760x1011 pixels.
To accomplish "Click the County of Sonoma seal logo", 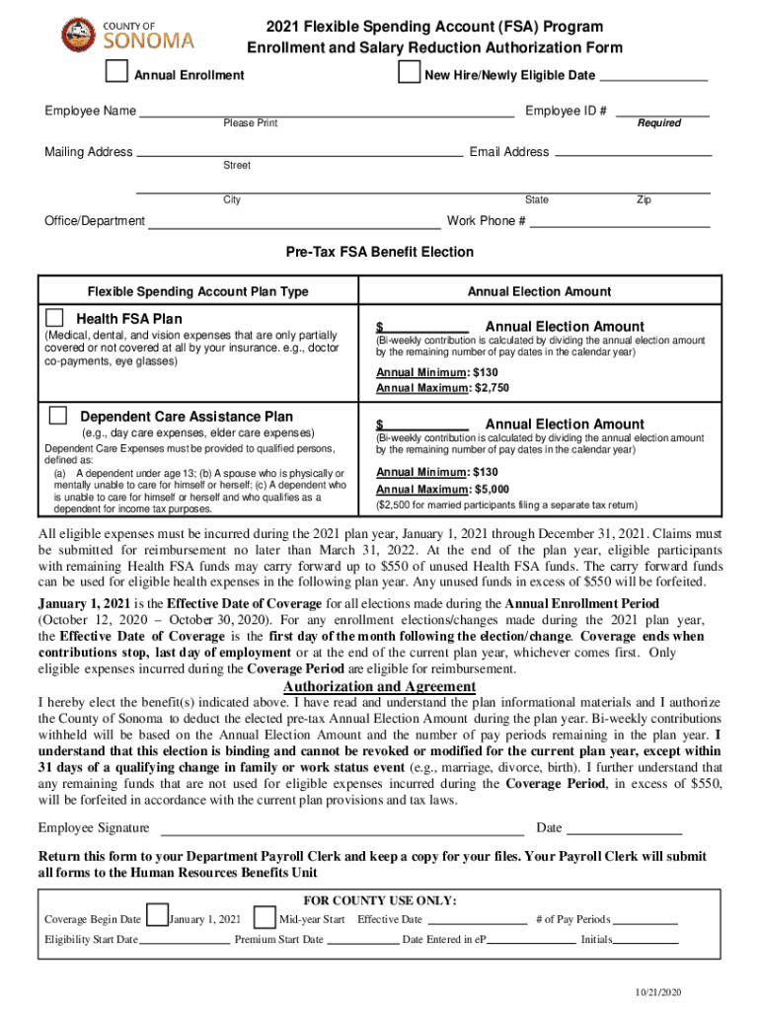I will [x=78, y=36].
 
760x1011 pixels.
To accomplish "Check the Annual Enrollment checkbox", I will [x=117, y=73].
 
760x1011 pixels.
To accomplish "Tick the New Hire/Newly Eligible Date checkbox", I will [x=407, y=73].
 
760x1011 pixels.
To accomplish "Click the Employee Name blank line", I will [x=326, y=114].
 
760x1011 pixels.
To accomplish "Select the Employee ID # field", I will [x=661, y=114].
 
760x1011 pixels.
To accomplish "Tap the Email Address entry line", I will [x=633, y=154].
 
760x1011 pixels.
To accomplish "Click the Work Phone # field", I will [x=621, y=224].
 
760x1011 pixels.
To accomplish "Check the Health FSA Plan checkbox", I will [x=56, y=318].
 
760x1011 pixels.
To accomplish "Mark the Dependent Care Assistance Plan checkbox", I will [x=58, y=415].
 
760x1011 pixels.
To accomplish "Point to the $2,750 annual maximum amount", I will [x=491, y=388].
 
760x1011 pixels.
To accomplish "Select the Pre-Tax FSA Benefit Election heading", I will [x=380, y=253].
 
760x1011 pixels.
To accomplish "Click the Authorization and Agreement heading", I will [x=380, y=687].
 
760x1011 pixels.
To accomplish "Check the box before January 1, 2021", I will [x=157, y=917].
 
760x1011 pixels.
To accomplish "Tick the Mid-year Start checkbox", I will [x=265, y=917].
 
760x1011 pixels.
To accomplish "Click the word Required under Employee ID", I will [x=659, y=123].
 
